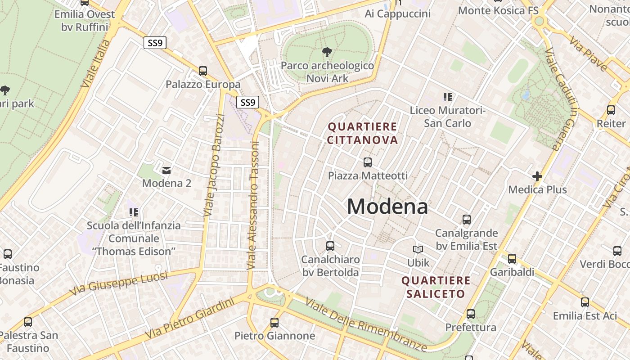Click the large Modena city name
[387, 207]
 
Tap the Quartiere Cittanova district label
[362, 133]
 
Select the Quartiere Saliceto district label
[436, 287]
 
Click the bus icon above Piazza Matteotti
[368, 162]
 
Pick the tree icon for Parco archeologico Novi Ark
[327, 52]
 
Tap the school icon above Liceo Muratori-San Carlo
[447, 97]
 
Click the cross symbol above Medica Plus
[537, 176]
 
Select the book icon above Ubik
[418, 249]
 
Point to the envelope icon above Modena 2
[166, 170]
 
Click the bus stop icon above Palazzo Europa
[203, 71]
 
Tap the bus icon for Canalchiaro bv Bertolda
[330, 246]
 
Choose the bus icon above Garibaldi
[512, 259]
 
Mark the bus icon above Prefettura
[471, 314]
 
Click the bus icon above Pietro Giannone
[274, 322]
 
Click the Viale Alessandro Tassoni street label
[255, 206]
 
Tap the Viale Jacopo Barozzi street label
[214, 165]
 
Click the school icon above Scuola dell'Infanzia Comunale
[133, 211]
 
